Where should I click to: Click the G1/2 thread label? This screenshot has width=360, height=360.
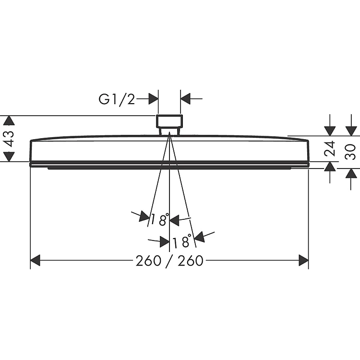click(117, 100)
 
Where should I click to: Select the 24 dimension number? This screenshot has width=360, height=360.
click(330, 149)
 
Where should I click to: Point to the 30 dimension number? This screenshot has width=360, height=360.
click(350, 152)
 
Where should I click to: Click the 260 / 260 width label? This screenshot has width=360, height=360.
click(169, 261)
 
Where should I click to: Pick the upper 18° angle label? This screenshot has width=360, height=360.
click(160, 219)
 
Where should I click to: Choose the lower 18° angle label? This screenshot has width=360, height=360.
click(182, 241)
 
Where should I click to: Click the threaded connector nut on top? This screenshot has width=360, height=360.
click(169, 121)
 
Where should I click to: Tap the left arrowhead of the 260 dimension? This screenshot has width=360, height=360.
click(35, 260)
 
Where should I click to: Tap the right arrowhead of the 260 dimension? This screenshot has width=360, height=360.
click(303, 260)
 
